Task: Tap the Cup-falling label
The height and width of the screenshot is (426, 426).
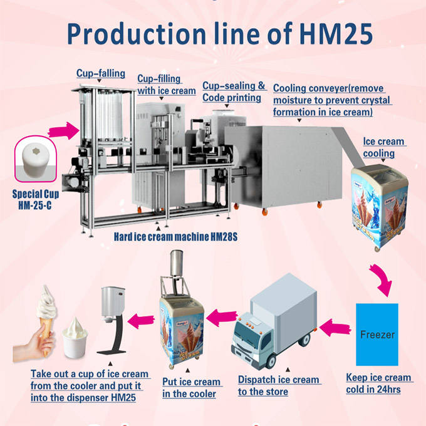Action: click(101, 73)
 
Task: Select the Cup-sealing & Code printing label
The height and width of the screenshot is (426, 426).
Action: click(234, 91)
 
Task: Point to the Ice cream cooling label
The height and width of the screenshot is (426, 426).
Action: click(383, 147)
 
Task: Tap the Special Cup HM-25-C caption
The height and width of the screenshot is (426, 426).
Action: click(36, 200)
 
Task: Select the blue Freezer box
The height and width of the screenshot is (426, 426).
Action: click(377, 335)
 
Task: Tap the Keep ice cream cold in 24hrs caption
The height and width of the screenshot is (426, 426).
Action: click(379, 383)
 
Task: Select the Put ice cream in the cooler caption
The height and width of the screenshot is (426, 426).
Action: click(191, 388)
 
